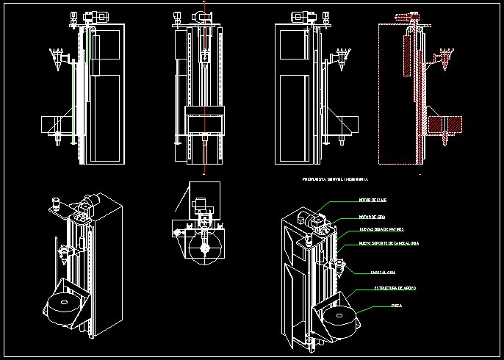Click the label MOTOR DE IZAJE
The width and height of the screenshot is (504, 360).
click(x=373, y=200)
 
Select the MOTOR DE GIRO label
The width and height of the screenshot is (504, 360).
click(x=372, y=217)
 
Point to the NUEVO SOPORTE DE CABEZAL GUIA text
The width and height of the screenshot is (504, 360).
click(x=389, y=242)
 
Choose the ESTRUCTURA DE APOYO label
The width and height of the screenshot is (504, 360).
click(x=395, y=288)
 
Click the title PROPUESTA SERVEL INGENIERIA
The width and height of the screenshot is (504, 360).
click(x=335, y=179)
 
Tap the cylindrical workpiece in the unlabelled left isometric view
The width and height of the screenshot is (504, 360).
click(x=64, y=306)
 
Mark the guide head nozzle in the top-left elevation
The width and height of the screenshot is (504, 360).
click(x=56, y=57)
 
